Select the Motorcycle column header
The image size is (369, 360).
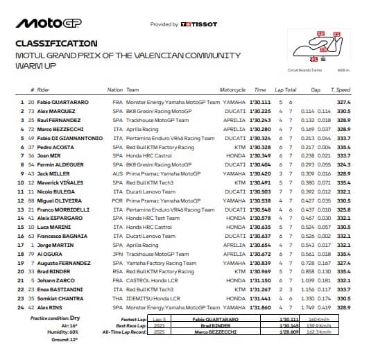coord(232,90)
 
